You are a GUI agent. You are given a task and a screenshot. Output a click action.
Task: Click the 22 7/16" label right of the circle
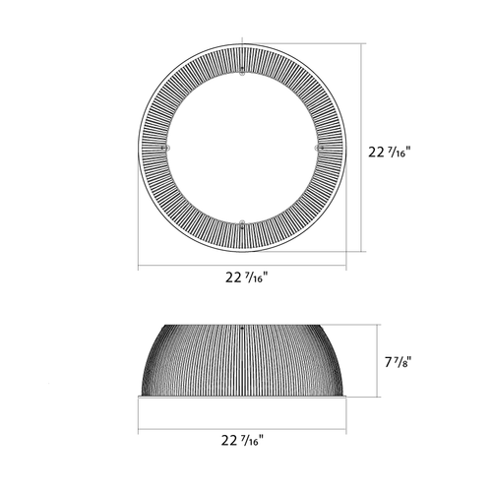coord(390,153)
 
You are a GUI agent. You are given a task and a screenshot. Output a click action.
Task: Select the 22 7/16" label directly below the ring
coord(247,277)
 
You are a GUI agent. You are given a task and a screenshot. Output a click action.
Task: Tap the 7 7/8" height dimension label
coord(398,362)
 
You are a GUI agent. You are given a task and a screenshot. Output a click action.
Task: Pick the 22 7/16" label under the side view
coord(242,440)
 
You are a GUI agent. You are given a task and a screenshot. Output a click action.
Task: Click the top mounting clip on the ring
coord(242,72)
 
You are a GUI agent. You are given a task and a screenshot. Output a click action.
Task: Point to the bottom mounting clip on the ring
coord(242,224)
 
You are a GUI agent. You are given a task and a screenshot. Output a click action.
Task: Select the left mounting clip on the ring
coord(166,148)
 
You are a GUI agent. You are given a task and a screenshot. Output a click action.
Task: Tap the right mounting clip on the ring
coord(319,148)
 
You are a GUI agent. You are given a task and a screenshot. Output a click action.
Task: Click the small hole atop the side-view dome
coord(242,328)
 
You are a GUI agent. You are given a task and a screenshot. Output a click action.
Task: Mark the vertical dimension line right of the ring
coord(361,148)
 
